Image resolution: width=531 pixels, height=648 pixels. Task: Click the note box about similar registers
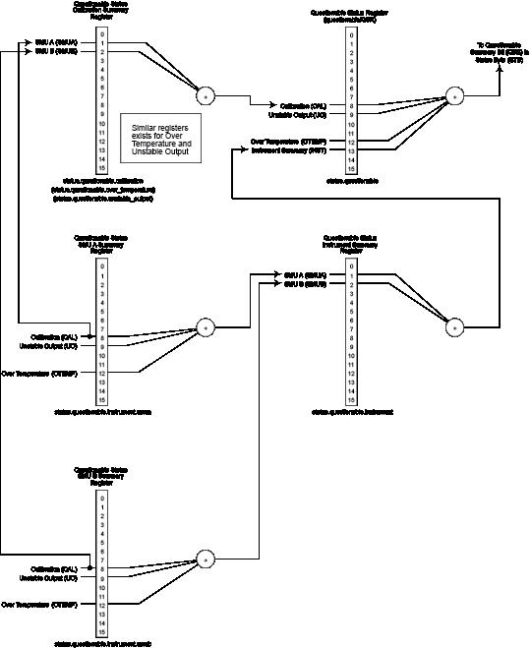coord(161,138)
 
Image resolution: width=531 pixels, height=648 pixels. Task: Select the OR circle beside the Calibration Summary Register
coord(206,95)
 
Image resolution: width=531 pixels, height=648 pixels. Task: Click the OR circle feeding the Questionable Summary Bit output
coord(453,95)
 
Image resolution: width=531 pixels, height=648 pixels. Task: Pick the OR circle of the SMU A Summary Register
coord(206,327)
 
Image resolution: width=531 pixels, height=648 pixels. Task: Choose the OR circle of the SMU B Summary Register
coord(206,559)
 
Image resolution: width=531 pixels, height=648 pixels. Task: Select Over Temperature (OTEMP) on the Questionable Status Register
coord(291,142)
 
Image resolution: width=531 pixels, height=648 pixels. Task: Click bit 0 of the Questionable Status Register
coord(352,33)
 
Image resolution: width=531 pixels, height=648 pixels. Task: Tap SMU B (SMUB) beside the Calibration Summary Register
coord(56,51)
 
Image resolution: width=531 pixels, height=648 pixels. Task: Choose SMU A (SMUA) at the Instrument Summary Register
coord(306,274)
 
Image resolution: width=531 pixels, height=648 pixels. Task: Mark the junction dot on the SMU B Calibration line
coord(90,568)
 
